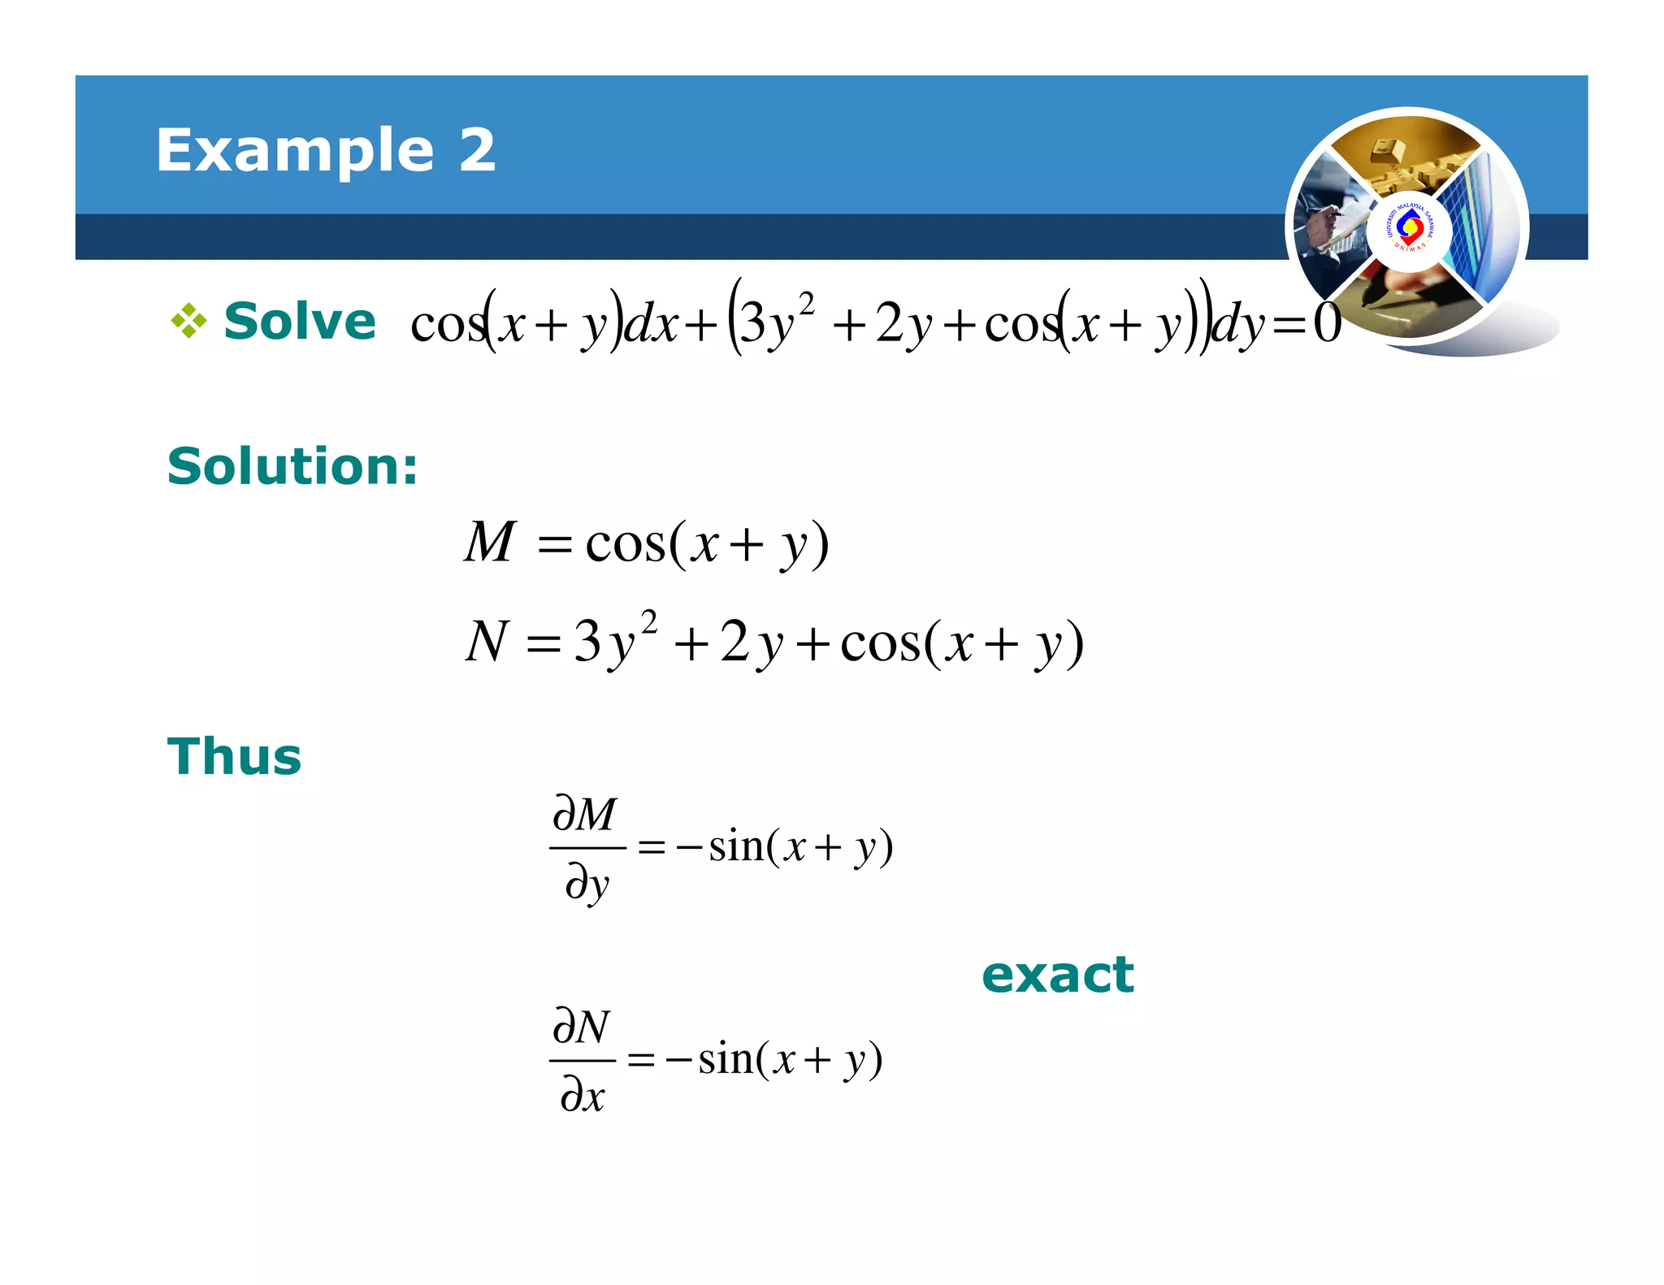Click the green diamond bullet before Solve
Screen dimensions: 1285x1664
tap(188, 321)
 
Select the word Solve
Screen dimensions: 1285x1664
tap(300, 321)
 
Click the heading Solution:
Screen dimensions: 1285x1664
tap(292, 466)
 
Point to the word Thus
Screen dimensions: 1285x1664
tap(234, 757)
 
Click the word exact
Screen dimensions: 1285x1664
tap(1057, 975)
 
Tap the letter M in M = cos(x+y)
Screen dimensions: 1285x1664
tap(489, 542)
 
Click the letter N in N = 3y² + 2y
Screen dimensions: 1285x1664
tap(487, 641)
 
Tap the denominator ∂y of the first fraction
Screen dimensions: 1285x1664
tap(587, 883)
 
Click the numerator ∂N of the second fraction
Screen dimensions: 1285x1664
tap(581, 1027)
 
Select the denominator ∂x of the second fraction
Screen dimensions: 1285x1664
tap(583, 1096)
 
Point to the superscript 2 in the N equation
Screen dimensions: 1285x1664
tap(648, 622)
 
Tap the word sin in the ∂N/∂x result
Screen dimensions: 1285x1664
tap(726, 1059)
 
